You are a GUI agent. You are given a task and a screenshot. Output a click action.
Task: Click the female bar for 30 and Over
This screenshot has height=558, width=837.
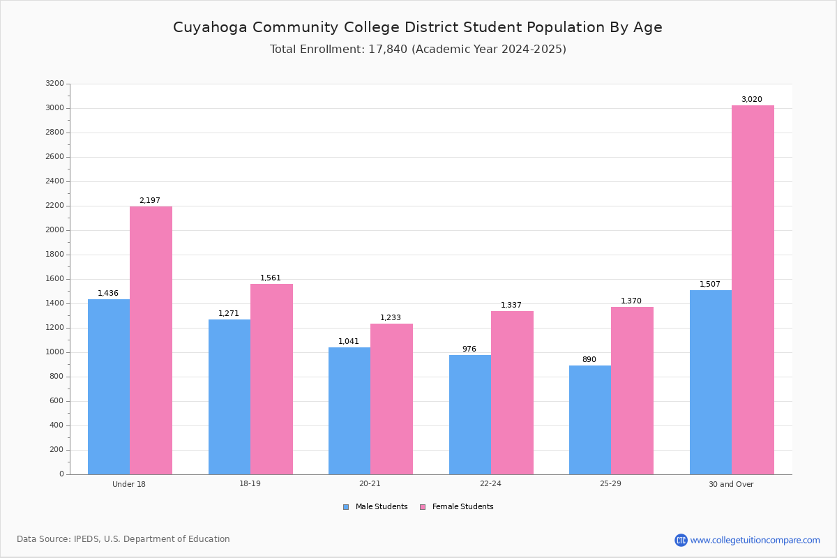coord(753,290)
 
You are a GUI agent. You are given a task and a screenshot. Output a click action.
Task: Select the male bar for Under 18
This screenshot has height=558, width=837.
coord(109,387)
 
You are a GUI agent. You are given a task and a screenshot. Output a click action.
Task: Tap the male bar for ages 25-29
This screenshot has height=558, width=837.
coord(590,420)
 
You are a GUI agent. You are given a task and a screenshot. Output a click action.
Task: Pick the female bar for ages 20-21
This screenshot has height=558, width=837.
coord(391,399)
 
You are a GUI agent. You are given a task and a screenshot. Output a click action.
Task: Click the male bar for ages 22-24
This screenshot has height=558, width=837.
coord(470,415)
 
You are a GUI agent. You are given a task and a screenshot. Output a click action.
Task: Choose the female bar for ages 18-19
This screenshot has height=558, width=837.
coord(271,379)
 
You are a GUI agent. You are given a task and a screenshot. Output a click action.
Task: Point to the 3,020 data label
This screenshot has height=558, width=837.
coord(752,99)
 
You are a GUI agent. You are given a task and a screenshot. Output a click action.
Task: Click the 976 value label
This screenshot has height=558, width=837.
coord(469,349)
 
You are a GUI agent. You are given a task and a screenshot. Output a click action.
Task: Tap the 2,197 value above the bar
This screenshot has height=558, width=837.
coord(150,200)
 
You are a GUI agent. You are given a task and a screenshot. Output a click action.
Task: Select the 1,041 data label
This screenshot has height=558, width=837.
coord(349,341)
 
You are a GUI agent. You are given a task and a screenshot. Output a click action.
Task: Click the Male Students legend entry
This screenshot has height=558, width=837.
coord(375,506)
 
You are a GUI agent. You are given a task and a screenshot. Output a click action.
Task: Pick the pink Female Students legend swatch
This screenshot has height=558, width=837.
coord(423,507)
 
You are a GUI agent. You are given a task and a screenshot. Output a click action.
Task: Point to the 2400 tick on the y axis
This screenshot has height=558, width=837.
coord(55,181)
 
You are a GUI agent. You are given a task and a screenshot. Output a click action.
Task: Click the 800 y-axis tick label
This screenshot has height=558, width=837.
coord(57,377)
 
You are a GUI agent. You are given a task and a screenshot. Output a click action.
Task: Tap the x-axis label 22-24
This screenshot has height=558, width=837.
coord(490,483)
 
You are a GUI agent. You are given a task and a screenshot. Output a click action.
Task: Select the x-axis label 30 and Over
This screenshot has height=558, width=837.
coord(731,484)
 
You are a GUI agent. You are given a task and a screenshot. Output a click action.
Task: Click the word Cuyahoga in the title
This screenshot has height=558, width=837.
coord(210,28)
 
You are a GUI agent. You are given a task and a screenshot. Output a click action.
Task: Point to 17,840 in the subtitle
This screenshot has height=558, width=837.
coord(388,50)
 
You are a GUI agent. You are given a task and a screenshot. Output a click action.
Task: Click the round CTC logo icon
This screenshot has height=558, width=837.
coord(681,540)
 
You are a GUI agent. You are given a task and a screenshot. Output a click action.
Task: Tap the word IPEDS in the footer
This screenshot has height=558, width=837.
coord(86,539)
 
